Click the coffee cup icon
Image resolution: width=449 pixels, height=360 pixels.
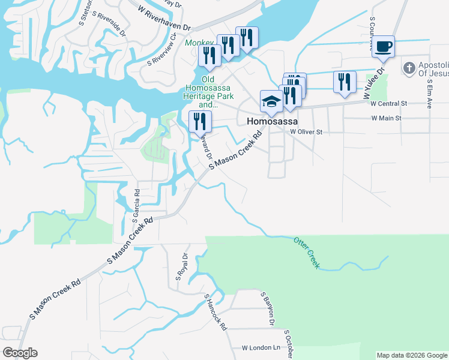click(383, 46)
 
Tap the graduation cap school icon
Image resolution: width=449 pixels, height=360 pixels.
click(271, 101)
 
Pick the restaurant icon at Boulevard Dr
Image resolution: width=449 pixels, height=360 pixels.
click(200, 121)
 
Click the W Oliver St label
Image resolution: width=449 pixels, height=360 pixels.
click(306, 131)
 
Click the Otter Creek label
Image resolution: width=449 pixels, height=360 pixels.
click(307, 252)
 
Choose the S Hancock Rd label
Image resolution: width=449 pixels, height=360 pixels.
click(215, 313)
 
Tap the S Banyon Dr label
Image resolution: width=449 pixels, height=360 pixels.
click(267, 309)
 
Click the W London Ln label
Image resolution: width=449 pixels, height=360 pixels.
click(261, 348)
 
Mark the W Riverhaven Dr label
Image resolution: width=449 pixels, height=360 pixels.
click(164, 19)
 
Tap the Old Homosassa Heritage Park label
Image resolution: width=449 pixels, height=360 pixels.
click(208, 92)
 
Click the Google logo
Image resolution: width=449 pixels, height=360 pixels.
click(20, 353)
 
